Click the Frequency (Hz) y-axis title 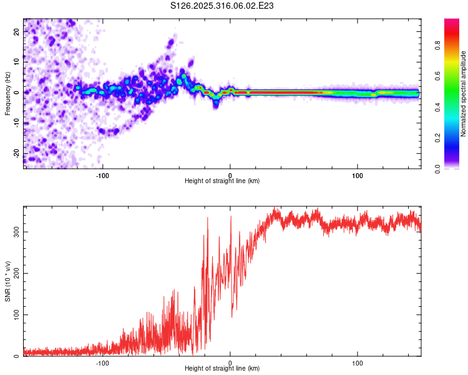[7, 92]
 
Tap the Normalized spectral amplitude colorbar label [463, 94]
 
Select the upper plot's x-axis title [222, 181]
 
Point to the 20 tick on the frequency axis [17, 31]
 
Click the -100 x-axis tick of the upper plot [102, 175]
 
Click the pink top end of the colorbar [452, 22]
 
